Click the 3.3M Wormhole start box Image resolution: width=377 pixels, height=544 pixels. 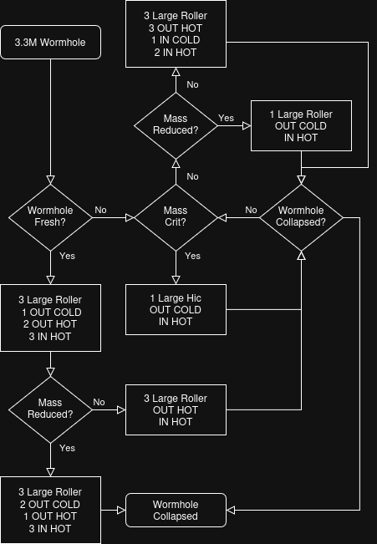[51, 43]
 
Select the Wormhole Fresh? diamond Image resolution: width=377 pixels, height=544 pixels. [51, 217]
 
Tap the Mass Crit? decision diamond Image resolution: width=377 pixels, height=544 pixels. [176, 217]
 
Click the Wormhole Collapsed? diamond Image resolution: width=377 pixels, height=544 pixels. [301, 217]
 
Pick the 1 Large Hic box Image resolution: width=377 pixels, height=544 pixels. [176, 309]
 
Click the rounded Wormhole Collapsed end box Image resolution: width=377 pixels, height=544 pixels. [176, 510]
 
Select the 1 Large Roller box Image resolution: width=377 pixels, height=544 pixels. [301, 125]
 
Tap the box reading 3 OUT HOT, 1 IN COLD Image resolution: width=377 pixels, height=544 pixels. [176, 33]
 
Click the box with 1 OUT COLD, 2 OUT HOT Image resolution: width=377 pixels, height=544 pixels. [51, 318]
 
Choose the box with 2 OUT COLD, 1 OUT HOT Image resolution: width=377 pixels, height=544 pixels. [51, 510]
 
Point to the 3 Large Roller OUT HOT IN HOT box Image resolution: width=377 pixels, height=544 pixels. [176, 409]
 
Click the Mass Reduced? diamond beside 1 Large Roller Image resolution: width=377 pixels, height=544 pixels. [176, 125]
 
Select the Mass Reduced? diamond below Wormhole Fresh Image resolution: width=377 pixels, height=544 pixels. [51, 409]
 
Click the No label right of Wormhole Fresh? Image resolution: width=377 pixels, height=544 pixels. [100, 210]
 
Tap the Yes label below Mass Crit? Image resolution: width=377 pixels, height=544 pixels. [192, 256]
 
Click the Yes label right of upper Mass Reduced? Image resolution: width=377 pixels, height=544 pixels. [226, 118]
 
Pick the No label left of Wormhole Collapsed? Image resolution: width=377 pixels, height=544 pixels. [251, 210]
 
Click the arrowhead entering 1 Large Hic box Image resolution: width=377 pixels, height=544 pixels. [176, 280]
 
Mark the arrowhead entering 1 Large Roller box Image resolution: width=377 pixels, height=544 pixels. [247, 125]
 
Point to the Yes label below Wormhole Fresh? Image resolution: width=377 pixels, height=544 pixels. [68, 256]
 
